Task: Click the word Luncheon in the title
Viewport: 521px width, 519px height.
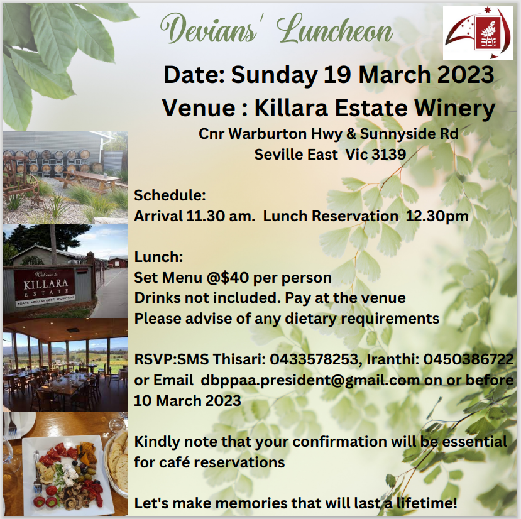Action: pyautogui.click(x=334, y=30)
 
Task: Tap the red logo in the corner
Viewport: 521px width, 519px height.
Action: pyautogui.click(x=478, y=33)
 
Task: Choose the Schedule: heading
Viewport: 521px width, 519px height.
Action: pyautogui.click(x=170, y=195)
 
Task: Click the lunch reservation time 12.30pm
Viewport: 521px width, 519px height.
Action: pyautogui.click(x=437, y=217)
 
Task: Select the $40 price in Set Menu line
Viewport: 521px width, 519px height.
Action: pyautogui.click(x=235, y=278)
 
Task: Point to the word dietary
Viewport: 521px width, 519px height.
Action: pyautogui.click(x=311, y=319)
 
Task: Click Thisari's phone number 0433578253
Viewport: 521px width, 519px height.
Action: pyautogui.click(x=314, y=359)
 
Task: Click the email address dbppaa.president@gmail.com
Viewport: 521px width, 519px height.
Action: pyautogui.click(x=310, y=380)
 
